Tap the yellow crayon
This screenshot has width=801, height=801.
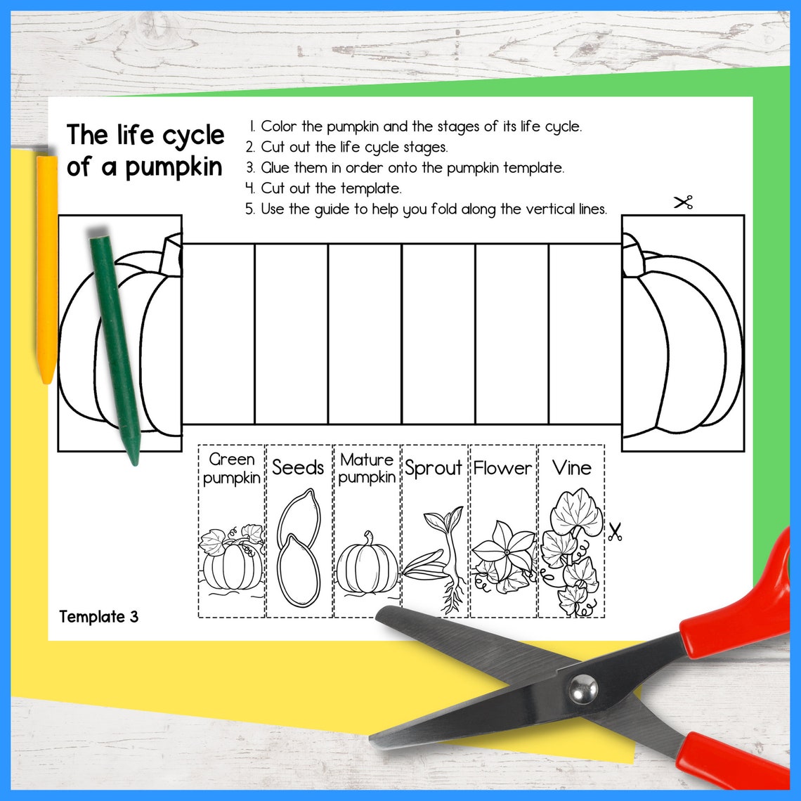coord(46,267)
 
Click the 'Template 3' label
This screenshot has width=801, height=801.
coord(99,617)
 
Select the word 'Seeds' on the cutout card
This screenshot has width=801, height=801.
coord(298,467)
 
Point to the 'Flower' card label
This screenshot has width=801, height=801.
coord(502,468)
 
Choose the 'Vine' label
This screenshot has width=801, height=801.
coord(571,467)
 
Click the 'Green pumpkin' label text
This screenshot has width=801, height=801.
coord(232,469)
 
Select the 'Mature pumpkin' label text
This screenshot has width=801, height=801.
coord(367,469)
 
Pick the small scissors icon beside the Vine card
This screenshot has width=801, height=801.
coord(616,532)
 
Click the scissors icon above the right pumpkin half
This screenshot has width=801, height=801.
coord(683,203)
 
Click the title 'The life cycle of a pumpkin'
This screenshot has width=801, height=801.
coord(145,150)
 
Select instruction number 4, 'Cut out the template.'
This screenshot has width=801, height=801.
coord(323,188)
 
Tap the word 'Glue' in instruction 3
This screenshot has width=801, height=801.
coord(276,168)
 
